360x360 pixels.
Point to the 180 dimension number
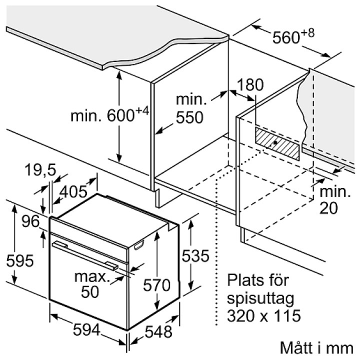click(250, 84)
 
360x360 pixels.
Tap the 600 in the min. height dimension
click(120, 115)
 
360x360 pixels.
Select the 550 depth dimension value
click(189, 117)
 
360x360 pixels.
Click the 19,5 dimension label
click(40, 170)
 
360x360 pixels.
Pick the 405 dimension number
click(73, 191)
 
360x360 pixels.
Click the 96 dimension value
click(30, 221)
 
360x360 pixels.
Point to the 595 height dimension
click(20, 260)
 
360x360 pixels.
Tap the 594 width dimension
click(86, 330)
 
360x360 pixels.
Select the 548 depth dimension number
click(158, 331)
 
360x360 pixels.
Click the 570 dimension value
click(156, 285)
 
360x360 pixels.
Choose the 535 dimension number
click(195, 255)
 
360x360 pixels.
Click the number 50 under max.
click(90, 292)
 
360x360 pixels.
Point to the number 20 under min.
click(328, 208)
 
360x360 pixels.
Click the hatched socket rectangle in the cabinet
click(277, 143)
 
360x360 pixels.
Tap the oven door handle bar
click(85, 255)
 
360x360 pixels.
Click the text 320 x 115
click(264, 315)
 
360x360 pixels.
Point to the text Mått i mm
click(316, 347)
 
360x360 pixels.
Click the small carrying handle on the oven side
click(139, 244)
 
